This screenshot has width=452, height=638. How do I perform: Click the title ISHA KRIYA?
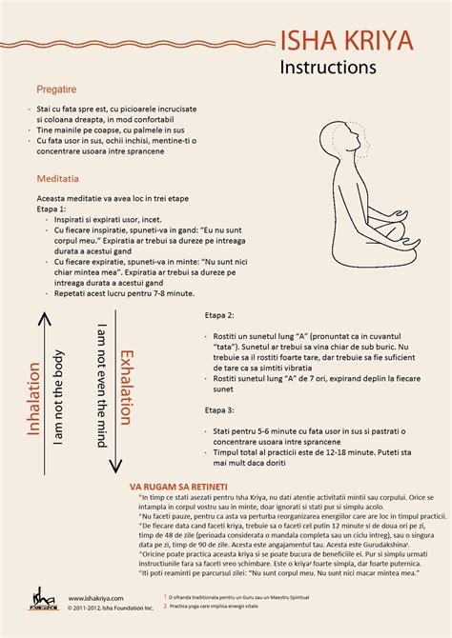349,41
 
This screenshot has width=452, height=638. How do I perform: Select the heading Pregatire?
56,89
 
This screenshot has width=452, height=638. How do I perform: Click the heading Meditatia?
58,179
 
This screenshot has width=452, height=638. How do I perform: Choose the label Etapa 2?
219,314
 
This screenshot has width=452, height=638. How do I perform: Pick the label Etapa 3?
219,410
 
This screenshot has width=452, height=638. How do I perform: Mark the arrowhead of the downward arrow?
114,468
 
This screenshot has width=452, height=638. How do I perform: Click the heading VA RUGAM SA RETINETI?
180,485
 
